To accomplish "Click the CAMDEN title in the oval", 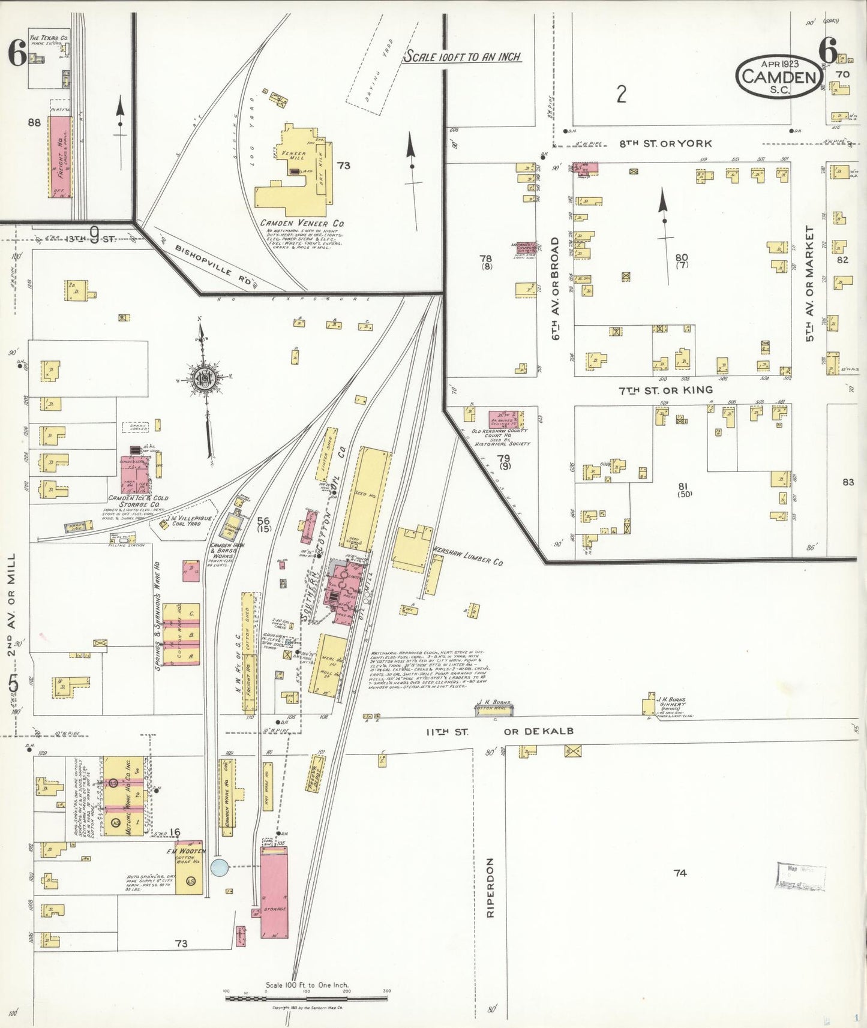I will point(779,77).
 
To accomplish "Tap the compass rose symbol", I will point(203,378).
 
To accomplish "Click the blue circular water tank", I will point(220,867).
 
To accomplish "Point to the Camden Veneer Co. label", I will point(302,223).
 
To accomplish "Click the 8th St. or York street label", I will point(665,143).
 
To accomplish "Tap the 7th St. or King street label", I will point(665,390).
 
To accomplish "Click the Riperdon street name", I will point(490,888).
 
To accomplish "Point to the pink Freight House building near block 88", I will point(59,157).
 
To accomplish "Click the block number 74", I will point(679,873).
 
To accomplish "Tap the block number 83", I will point(847,482).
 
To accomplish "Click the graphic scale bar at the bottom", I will point(306,998).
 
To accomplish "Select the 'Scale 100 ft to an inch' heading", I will point(462,57).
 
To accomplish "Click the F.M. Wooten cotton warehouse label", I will point(186,855).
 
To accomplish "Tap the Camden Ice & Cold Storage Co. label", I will point(138,501).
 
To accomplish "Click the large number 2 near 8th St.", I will point(622,94).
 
